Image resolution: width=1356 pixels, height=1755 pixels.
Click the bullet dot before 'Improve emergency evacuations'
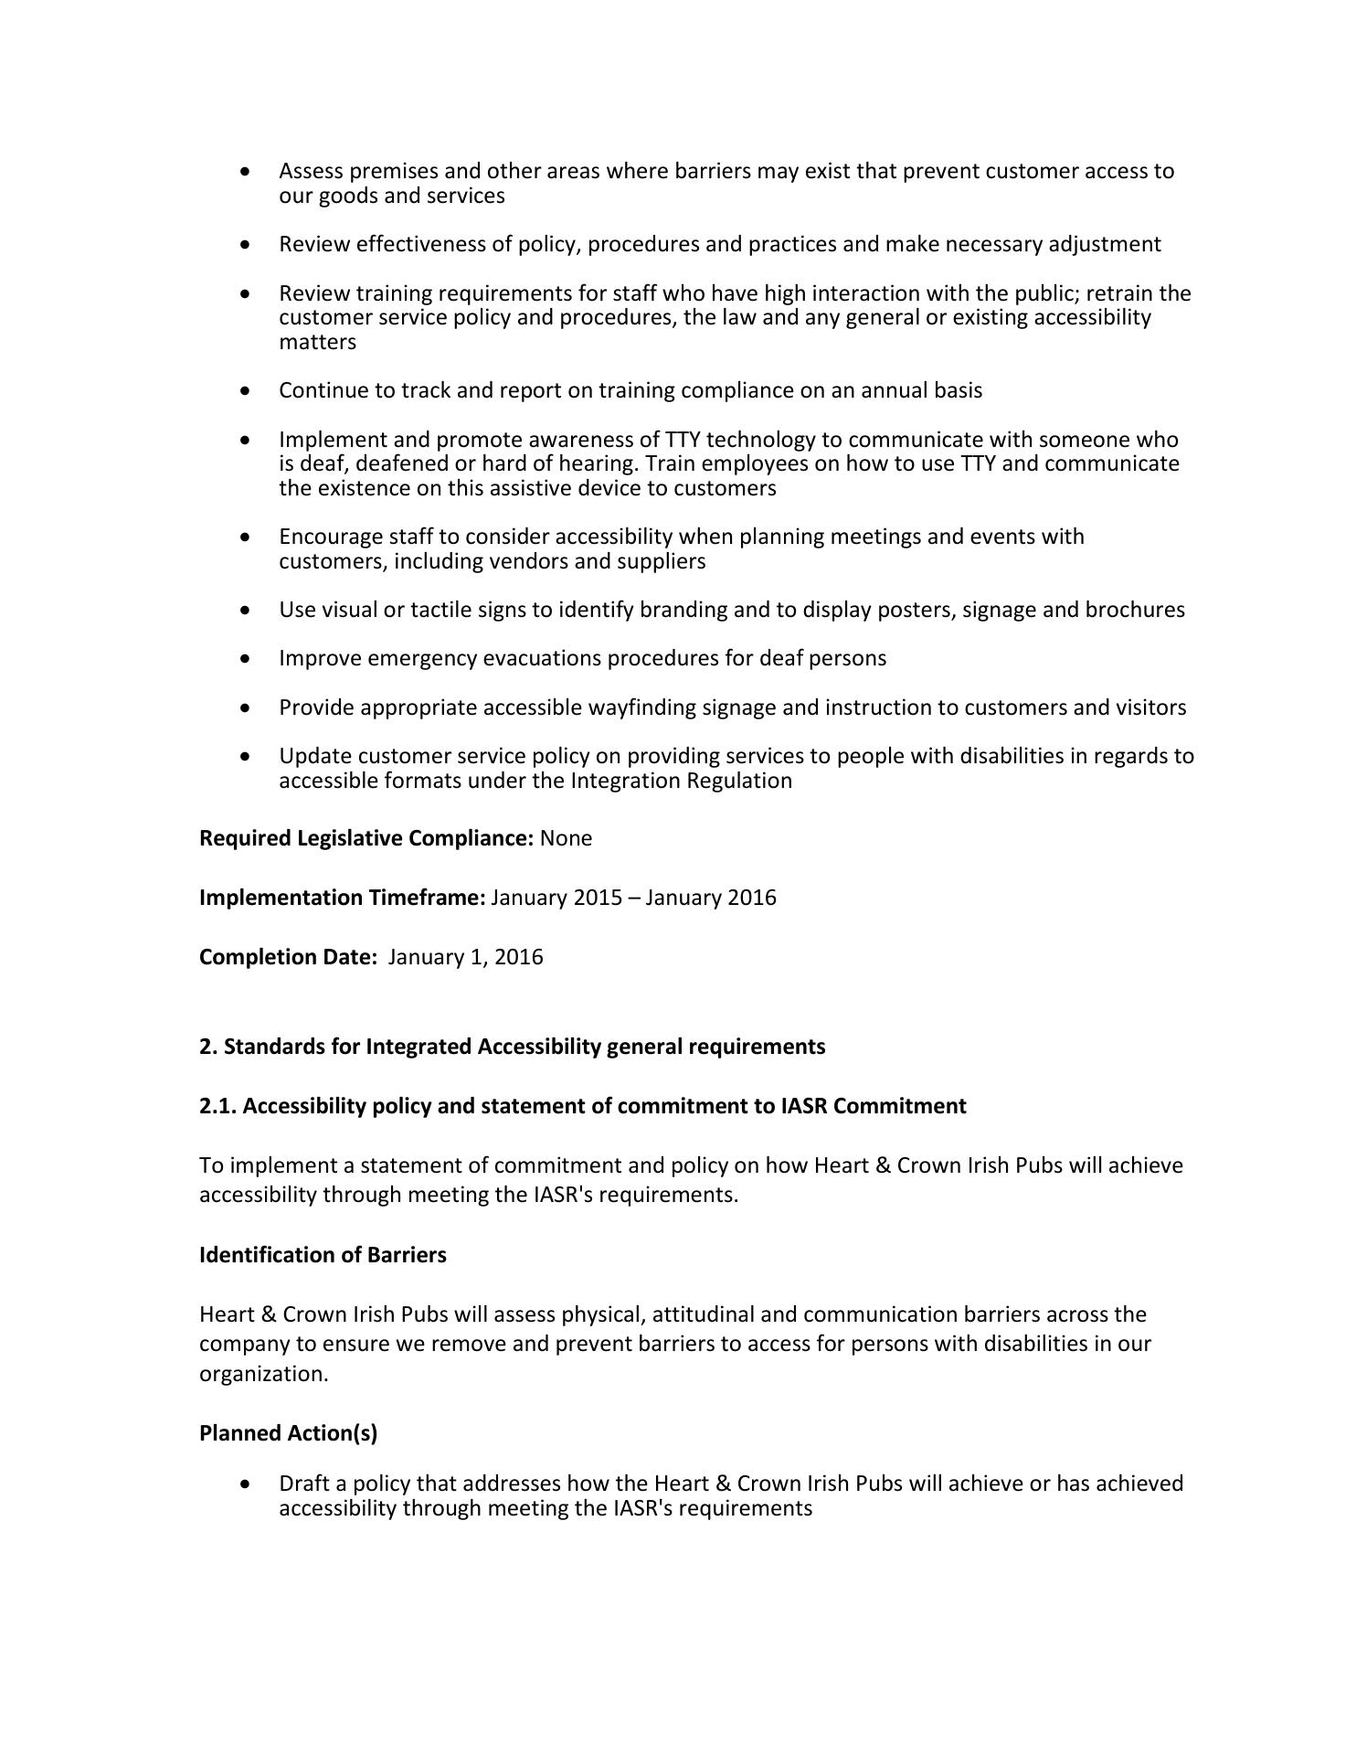point(244,658)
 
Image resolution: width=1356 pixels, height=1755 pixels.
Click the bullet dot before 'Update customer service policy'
point(244,756)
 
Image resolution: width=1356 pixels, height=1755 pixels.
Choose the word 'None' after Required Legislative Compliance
point(566,838)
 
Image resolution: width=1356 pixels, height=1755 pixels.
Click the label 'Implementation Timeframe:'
point(343,898)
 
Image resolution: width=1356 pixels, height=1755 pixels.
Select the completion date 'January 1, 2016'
point(465,957)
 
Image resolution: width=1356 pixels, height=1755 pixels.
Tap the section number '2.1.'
point(218,1106)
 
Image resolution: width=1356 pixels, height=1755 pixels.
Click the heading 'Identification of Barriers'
point(323,1255)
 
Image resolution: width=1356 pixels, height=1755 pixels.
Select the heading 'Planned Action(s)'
point(288,1433)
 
